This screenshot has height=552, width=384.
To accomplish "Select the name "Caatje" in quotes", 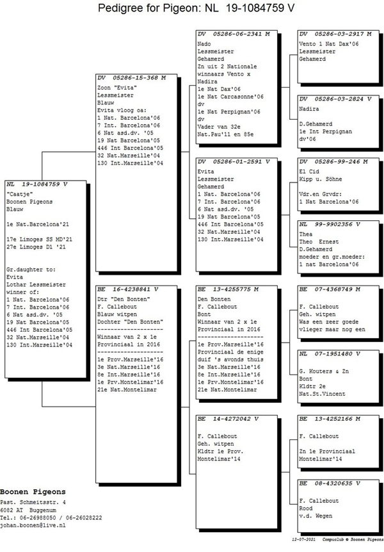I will point(19,193).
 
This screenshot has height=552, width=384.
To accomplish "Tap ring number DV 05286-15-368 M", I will point(134,77).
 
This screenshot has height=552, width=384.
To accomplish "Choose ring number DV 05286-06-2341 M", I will point(234,33).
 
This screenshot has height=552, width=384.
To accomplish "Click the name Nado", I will point(204,43).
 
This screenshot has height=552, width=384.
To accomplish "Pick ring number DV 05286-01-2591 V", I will point(234,161).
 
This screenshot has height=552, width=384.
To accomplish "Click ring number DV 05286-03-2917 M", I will point(335,33).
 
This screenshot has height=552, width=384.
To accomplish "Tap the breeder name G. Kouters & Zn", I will point(324,371).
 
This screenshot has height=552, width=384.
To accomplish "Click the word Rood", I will point(306,509).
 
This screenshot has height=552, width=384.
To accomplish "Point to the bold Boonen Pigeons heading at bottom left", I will point(33,492).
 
